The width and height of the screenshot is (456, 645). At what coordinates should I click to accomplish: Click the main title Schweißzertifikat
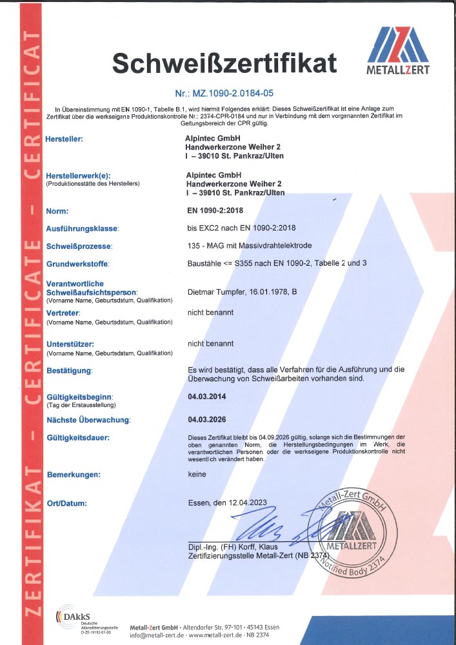pyautogui.click(x=224, y=63)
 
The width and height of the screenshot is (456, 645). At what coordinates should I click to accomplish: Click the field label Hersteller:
pyautogui.click(x=65, y=138)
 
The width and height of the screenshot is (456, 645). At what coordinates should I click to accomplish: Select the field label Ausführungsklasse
pyautogui.click(x=83, y=229)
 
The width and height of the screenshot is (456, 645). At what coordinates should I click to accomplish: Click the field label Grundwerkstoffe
pyautogui.click(x=78, y=264)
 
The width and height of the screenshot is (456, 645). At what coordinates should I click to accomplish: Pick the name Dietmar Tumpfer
pyautogui.click(x=218, y=292)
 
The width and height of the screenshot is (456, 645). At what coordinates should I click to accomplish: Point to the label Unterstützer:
pyautogui.click(x=71, y=344)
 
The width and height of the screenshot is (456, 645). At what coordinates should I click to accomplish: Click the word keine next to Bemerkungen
pyautogui.click(x=197, y=475)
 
